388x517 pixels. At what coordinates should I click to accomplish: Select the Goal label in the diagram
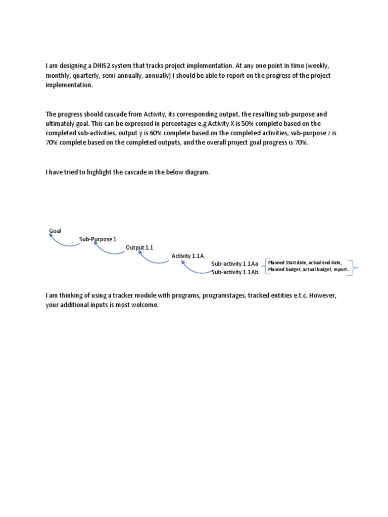coord(55,231)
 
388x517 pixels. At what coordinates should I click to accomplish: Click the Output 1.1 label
coord(139,247)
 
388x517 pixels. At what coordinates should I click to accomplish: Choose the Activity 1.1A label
coord(187,256)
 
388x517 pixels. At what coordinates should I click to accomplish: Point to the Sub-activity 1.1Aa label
coord(234,264)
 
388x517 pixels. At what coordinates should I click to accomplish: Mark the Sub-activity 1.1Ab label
coord(234,272)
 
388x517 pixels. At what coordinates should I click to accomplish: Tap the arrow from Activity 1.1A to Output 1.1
coord(152,260)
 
